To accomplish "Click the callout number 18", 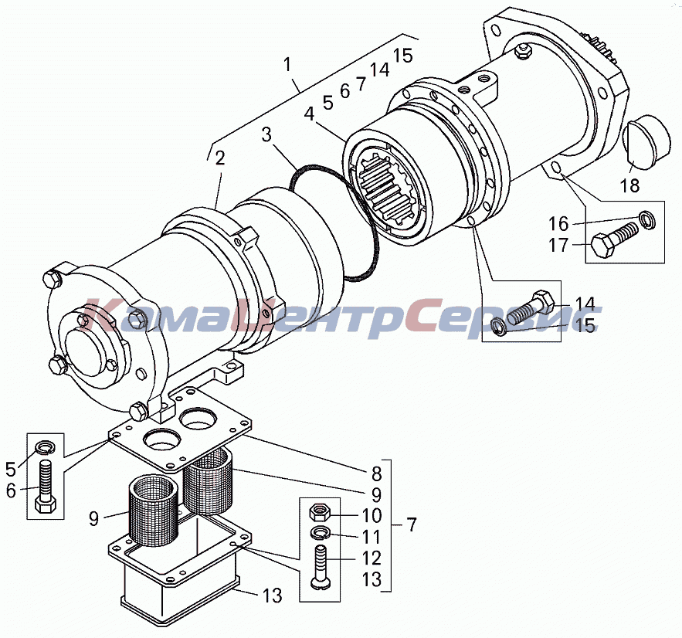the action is coord(629,185).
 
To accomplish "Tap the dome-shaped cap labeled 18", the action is coord(647,142).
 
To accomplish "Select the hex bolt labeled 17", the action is coord(613,239).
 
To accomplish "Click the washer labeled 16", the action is coord(648,219).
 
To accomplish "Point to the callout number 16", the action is coord(558,224).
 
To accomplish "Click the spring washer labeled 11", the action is coord(321,532).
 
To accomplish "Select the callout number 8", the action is coord(377,473).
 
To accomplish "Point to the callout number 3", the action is coord(266,135).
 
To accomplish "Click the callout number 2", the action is coord(220,158).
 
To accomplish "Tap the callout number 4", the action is coord(309,114).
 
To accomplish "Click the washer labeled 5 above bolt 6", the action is coord(45,446).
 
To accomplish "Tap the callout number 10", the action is coord(372,515).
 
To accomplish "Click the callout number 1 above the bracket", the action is coord(287,65).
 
